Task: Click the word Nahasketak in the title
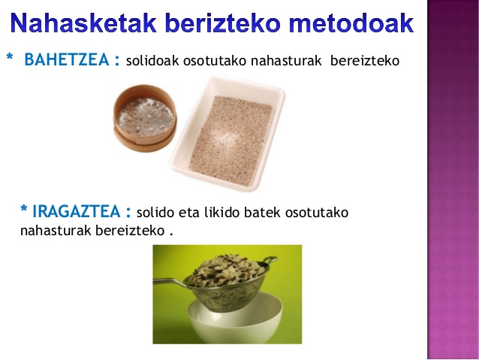click(83, 23)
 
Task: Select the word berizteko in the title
click(224, 23)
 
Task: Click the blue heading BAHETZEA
click(67, 59)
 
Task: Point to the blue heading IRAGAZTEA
click(77, 211)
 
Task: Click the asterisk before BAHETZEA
click(10, 56)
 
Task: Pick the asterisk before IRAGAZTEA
click(24, 209)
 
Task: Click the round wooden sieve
click(144, 118)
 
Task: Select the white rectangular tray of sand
click(227, 134)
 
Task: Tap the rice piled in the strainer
click(227, 271)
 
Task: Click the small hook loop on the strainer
click(269, 262)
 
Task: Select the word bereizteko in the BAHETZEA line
click(365, 60)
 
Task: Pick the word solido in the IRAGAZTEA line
click(155, 212)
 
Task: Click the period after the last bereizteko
click(171, 234)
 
